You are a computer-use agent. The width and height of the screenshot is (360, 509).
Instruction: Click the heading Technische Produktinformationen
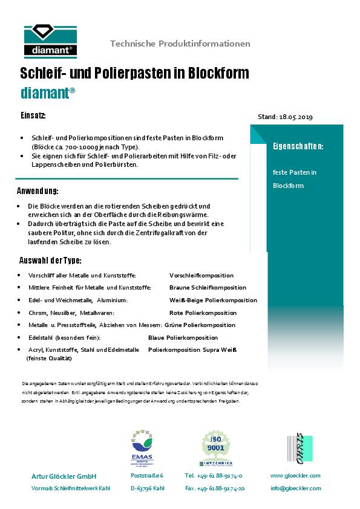click(x=180, y=44)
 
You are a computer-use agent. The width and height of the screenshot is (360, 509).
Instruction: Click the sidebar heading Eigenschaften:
click(x=298, y=146)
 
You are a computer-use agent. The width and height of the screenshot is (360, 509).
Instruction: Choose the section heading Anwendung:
click(x=38, y=192)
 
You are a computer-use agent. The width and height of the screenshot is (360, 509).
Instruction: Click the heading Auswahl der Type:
click(x=50, y=261)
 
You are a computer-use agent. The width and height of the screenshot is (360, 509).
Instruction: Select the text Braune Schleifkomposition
click(x=208, y=288)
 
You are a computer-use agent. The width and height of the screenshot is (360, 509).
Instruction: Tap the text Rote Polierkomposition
click(x=203, y=313)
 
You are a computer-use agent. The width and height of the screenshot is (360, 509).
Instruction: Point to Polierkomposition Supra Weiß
click(x=192, y=350)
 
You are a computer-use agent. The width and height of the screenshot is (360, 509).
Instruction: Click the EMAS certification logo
click(x=142, y=447)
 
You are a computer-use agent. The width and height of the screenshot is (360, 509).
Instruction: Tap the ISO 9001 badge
click(x=216, y=448)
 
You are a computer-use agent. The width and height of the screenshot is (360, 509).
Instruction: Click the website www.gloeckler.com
click(x=295, y=476)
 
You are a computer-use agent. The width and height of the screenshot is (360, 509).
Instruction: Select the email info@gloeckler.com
click(x=295, y=488)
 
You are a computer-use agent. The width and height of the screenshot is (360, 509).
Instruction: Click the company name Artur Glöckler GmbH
click(x=64, y=476)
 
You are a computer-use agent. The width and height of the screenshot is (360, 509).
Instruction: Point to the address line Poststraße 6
click(x=147, y=476)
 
